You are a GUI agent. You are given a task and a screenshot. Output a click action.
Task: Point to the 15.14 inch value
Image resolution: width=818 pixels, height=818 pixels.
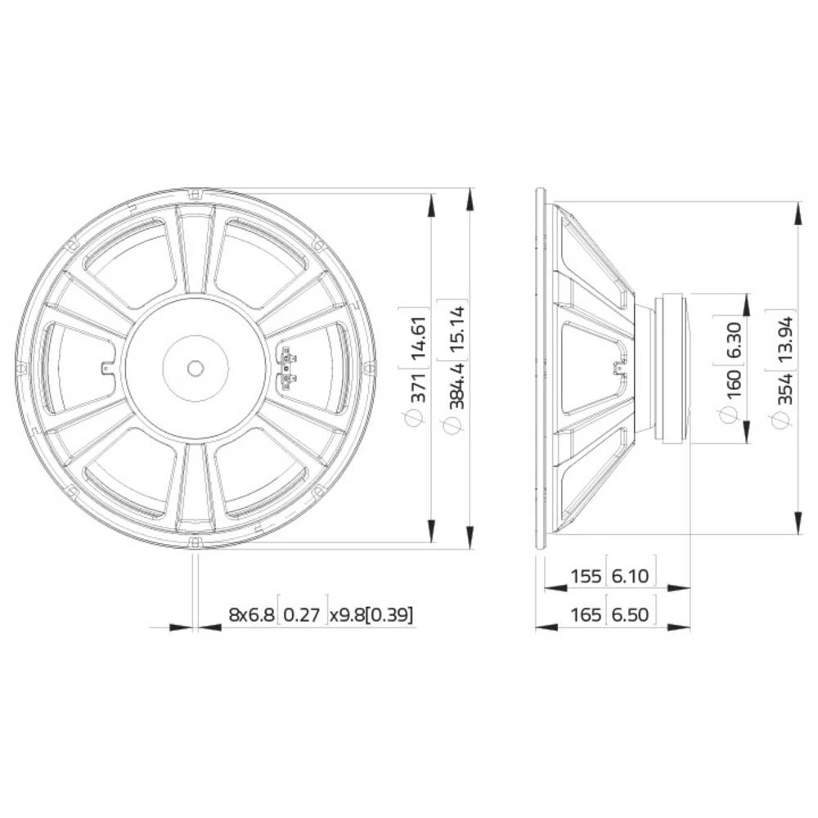(457, 326)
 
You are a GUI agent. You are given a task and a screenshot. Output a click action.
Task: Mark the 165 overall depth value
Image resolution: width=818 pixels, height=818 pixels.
(586, 615)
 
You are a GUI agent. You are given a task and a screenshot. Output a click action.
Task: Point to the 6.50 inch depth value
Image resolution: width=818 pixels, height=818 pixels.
(631, 615)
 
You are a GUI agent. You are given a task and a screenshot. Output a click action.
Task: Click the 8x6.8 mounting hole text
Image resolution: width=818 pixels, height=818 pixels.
(252, 615)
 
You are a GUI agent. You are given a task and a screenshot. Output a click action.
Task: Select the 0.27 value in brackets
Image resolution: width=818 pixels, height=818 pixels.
(303, 615)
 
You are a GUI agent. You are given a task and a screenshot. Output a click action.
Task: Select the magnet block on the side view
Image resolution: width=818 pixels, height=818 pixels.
(674, 368)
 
